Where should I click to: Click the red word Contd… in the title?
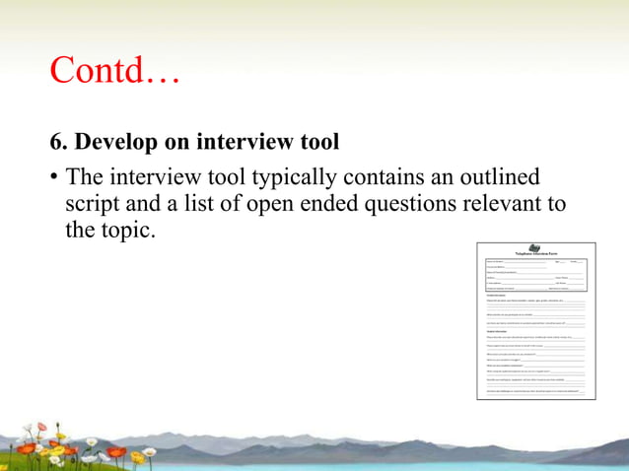pyautogui.click(x=114, y=71)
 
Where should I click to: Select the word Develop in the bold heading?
pyautogui.click(x=117, y=143)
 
